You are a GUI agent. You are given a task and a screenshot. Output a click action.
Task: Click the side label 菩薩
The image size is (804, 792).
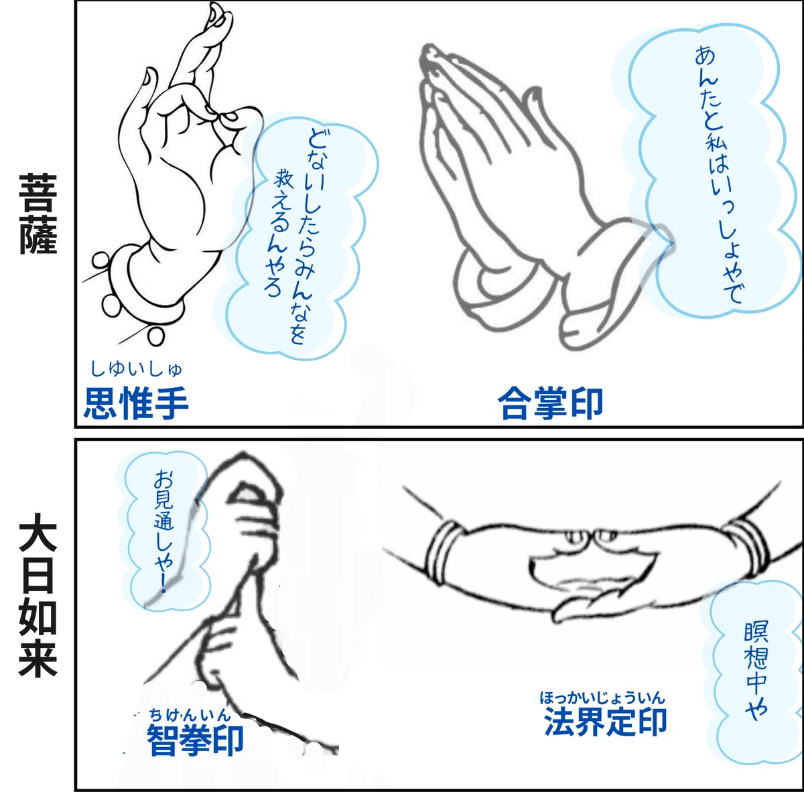tap(38, 214)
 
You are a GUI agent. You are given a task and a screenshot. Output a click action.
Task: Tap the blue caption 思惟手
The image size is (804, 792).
tap(137, 403)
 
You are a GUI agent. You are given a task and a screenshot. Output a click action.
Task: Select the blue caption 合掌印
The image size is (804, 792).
tap(550, 403)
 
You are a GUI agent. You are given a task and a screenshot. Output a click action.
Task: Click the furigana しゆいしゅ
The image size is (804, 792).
tap(137, 369)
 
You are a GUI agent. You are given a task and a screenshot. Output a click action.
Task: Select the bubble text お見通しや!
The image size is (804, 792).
tap(163, 531)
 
